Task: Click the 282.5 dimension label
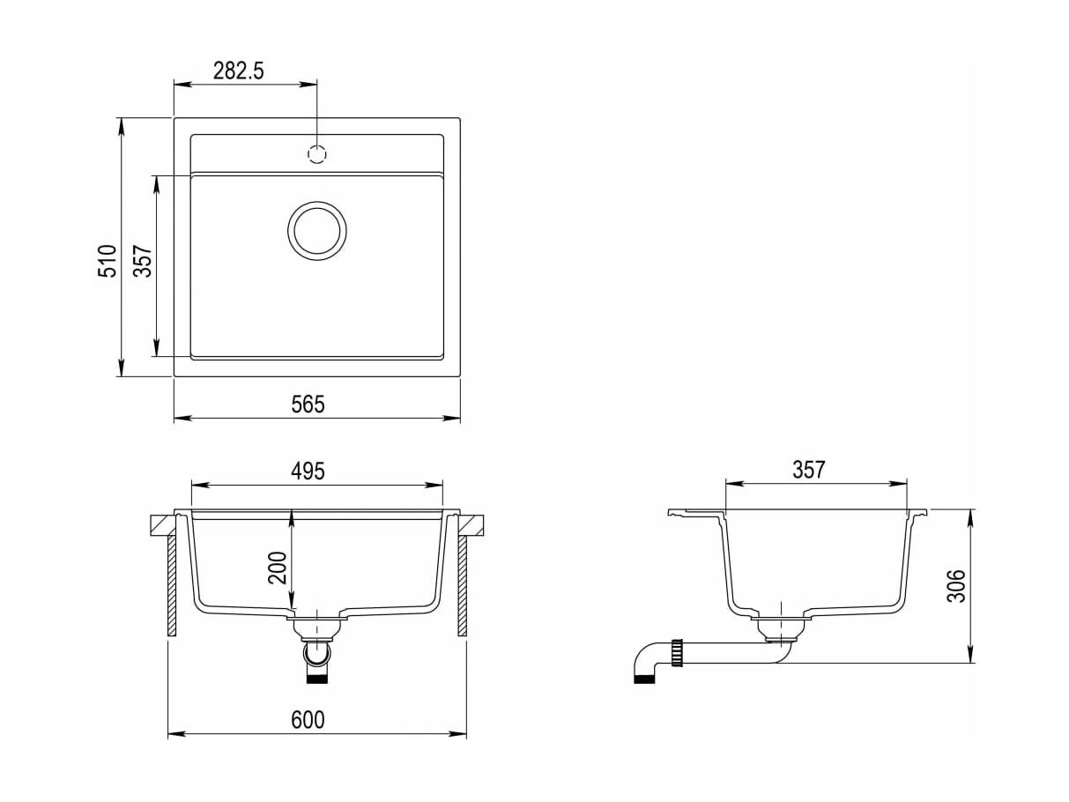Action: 238,71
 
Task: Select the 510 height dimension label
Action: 108,261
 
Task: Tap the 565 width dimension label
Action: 308,405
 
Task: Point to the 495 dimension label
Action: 308,471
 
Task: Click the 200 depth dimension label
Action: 277,568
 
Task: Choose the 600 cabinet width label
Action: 308,720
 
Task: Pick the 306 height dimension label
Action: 955,586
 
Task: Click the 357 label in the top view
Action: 143,261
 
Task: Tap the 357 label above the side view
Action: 809,470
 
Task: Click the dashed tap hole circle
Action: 317,154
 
